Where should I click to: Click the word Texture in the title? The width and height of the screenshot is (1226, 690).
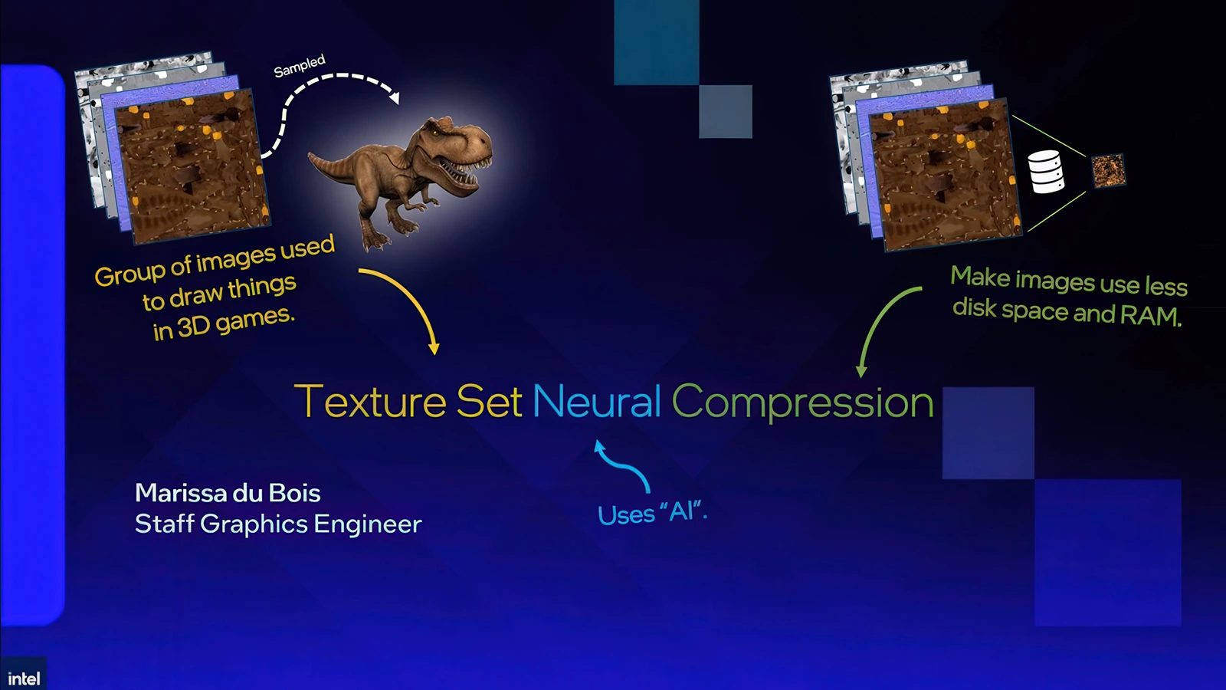[370, 401]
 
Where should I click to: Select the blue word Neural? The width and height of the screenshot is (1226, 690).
[596, 401]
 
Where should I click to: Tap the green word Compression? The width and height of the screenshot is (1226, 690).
[802, 402]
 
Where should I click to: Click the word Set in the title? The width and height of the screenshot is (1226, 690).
[489, 401]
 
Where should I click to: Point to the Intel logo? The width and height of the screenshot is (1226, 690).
[24, 678]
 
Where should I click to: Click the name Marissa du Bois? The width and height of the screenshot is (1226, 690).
[228, 493]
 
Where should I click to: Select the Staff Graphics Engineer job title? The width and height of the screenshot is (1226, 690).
[278, 524]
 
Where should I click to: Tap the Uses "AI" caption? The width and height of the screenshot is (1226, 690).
[651, 513]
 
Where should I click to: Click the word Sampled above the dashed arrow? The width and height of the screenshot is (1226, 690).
[300, 66]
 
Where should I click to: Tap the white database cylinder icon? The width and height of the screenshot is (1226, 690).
[1045, 171]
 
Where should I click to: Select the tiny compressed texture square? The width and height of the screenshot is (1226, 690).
[1108, 170]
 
